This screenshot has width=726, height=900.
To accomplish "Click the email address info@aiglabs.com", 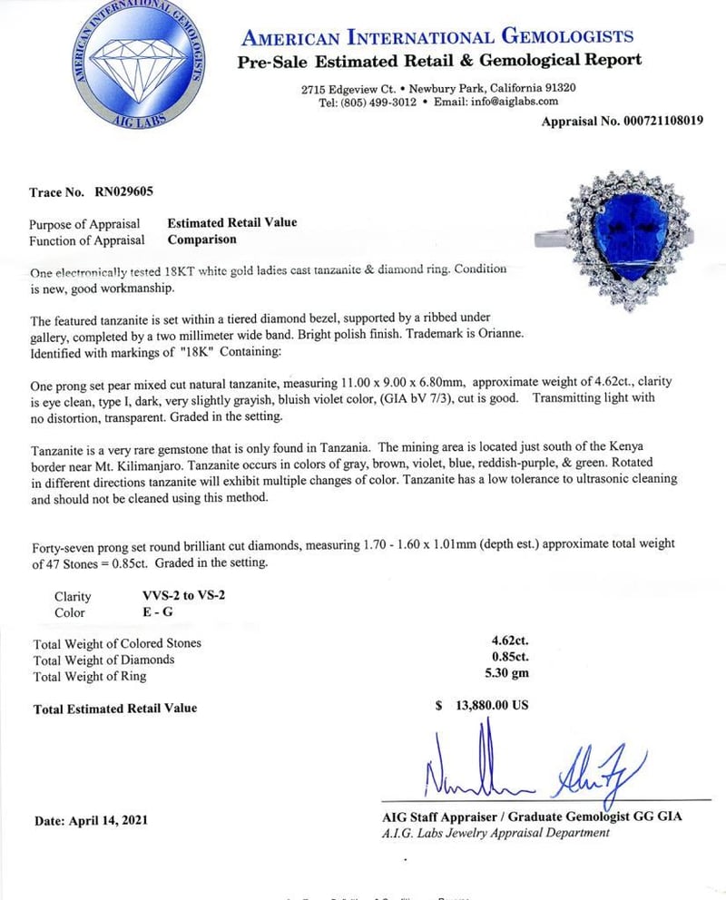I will click(521, 102).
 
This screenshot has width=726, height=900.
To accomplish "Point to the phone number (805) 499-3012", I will click(378, 102).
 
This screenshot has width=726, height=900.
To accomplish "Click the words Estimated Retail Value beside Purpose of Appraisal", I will click(232, 222).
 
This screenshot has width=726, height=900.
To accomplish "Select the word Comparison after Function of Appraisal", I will click(201, 240).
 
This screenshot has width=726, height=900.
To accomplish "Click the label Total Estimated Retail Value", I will click(115, 708).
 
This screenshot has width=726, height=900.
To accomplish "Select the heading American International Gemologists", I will click(437, 37).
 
